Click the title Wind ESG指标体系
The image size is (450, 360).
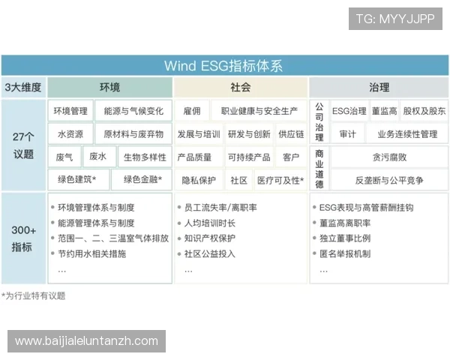(x=224, y=65)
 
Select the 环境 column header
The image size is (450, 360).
(x=109, y=87)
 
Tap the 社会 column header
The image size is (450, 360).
(x=241, y=87)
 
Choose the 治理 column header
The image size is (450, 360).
(x=379, y=87)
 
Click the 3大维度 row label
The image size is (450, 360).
(x=23, y=87)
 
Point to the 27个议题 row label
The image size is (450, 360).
(x=23, y=145)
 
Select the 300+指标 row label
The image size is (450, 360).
(x=23, y=238)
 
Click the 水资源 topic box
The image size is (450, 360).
(x=70, y=134)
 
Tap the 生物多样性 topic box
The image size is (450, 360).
(x=145, y=157)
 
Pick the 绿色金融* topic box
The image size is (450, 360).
(x=142, y=180)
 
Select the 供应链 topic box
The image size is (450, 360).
(x=291, y=134)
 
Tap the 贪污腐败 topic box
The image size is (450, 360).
(x=389, y=157)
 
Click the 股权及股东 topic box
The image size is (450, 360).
(x=424, y=111)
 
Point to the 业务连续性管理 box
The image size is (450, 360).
(x=407, y=134)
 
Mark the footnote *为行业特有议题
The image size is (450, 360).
(x=33, y=295)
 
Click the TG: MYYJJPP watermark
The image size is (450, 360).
(x=395, y=19)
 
